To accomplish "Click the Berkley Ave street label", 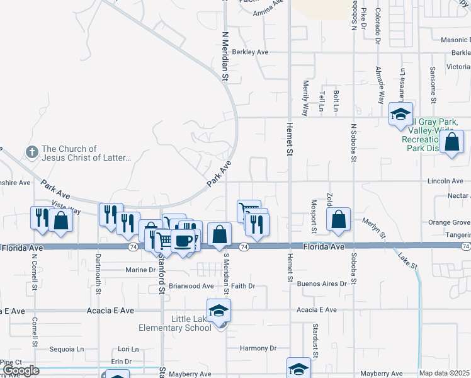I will [x=250, y=52].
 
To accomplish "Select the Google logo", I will [x=21, y=370].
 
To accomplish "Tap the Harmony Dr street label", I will [x=258, y=348].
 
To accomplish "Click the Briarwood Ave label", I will [x=191, y=286].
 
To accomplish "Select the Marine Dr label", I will [x=140, y=270].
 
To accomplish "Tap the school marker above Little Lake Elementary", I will [x=218, y=311].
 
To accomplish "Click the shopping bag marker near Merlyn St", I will [x=338, y=220].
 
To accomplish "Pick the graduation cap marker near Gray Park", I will [x=400, y=114].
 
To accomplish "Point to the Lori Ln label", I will [x=128, y=348].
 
